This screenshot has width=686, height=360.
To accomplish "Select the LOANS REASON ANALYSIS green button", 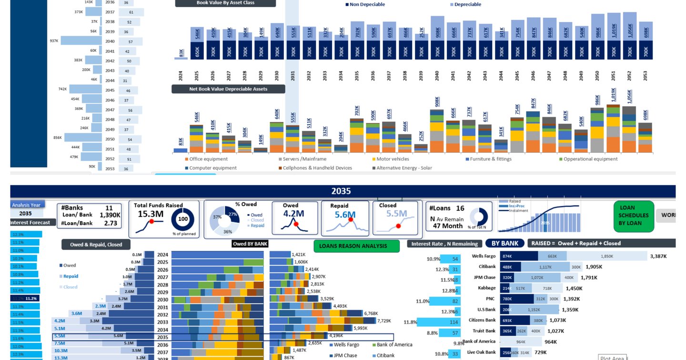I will (356, 246).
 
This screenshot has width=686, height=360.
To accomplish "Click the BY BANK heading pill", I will (504, 243).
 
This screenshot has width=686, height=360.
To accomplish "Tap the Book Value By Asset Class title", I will (225, 3).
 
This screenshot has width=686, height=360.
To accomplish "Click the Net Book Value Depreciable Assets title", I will (228, 89).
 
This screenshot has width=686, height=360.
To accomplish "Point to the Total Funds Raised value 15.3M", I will (151, 214).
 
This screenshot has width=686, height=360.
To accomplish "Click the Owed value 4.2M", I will (294, 214).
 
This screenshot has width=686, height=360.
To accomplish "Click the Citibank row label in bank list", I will (487, 267).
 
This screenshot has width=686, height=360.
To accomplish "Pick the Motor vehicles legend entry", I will (393, 159).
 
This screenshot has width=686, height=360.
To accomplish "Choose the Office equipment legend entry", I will (208, 159).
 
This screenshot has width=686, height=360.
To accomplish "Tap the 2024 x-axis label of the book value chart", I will (181, 75).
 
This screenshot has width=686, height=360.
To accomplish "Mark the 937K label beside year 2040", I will (54, 41).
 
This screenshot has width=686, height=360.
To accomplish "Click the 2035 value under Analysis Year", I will (26, 214).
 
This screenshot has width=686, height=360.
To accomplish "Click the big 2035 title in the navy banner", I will (341, 191).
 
